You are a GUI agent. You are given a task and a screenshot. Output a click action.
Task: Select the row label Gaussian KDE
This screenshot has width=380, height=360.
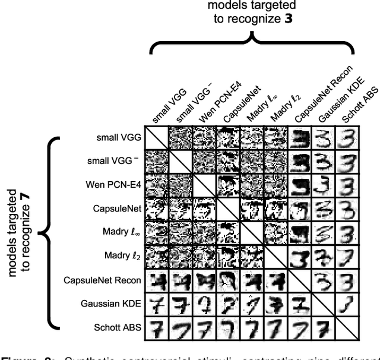112,304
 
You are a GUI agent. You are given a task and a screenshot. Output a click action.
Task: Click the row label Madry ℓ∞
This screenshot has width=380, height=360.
119,232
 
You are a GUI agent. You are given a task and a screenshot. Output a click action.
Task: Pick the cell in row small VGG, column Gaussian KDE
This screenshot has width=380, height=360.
325,137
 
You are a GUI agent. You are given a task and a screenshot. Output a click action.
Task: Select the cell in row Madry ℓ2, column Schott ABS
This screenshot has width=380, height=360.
350,256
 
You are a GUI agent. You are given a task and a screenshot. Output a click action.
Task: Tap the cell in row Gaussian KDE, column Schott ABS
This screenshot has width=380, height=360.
350,304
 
